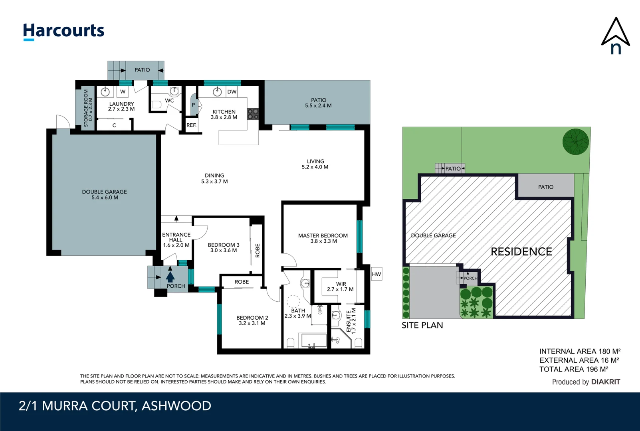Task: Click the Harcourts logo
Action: coord(63,31)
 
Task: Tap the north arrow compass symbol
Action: coord(615,36)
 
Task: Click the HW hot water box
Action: coord(376,274)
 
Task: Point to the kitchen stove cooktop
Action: coord(253,114)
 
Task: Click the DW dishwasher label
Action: coord(232,92)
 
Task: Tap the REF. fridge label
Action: coord(191,125)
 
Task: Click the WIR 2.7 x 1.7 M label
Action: coord(340,287)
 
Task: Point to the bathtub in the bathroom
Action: coord(314,341)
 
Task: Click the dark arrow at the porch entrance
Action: coord(170,276)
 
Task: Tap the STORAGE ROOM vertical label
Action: coord(88,108)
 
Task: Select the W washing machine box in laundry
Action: coord(123,92)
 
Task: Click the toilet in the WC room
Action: coord(156,105)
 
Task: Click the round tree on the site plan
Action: coord(575,142)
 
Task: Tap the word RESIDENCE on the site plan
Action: coord(521,252)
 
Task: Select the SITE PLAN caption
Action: coord(422,325)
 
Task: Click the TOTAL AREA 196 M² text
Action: coord(573,370)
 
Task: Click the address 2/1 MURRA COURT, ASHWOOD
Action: coord(115,406)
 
